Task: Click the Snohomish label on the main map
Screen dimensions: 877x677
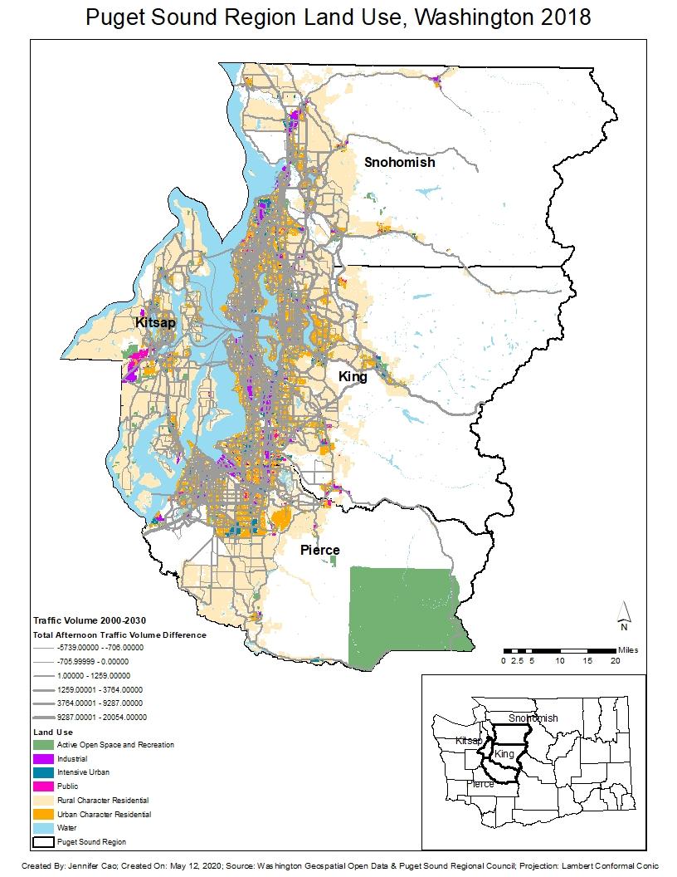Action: point(400,163)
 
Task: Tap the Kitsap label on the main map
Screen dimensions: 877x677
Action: point(155,322)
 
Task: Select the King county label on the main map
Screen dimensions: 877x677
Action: point(353,377)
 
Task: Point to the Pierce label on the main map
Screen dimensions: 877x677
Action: point(319,550)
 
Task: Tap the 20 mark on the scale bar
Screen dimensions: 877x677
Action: point(615,661)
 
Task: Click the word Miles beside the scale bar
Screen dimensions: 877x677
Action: point(628,649)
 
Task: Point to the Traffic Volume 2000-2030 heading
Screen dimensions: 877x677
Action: point(84,620)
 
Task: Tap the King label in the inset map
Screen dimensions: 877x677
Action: point(505,754)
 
